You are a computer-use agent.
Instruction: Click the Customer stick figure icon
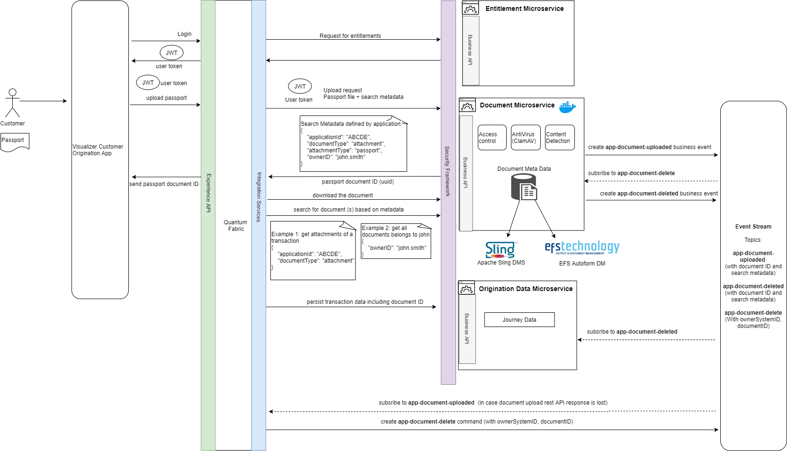tap(12, 103)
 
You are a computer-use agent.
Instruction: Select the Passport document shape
tap(15, 141)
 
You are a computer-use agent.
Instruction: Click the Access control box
tap(492, 138)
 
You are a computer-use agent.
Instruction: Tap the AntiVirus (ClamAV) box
tap(526, 138)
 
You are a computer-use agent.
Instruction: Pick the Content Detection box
tap(560, 138)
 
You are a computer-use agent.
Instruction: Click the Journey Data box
tap(519, 320)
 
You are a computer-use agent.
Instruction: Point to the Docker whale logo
tap(567, 107)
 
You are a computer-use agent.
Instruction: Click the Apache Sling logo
tap(500, 250)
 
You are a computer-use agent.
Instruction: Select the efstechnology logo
tap(582, 248)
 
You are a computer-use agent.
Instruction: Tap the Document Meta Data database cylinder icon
tap(524, 187)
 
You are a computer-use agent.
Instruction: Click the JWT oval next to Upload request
tap(300, 86)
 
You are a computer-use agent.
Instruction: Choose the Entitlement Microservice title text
tap(524, 9)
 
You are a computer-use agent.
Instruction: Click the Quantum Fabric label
tap(235, 226)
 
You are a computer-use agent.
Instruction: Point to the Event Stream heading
tap(753, 227)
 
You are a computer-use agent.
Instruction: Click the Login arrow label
tap(184, 34)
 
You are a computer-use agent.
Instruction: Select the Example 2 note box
tap(396, 241)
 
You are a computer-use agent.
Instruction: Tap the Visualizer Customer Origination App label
tap(98, 150)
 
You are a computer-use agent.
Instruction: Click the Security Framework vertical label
tap(447, 171)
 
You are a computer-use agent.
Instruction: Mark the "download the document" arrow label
tap(342, 195)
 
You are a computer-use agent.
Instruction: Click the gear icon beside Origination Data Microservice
tap(466, 288)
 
